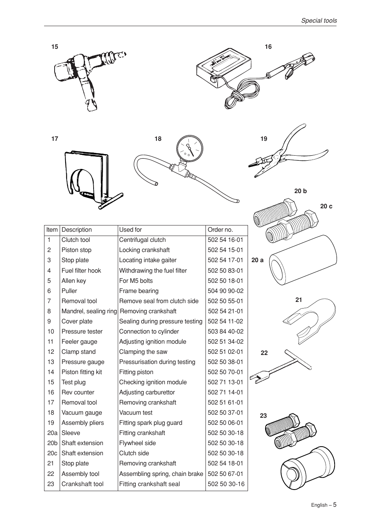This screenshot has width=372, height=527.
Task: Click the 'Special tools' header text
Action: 319,21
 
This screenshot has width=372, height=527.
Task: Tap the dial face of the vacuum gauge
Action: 190,149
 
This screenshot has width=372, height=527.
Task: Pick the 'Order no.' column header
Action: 220,230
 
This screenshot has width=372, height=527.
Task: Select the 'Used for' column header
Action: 130,230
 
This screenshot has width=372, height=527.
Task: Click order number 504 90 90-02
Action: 225,291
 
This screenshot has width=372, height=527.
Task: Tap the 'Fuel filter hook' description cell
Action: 81,270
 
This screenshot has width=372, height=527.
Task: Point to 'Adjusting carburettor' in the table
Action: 147,392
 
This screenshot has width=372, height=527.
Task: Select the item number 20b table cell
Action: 52,443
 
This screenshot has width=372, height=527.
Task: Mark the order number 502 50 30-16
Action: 226,484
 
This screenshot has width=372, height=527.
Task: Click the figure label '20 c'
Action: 326,206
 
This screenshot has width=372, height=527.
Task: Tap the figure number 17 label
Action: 55,139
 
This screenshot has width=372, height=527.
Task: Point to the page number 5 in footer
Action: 334,504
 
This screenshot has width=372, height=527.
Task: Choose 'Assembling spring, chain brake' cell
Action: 161,474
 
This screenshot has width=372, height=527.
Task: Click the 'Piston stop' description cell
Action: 76,250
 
